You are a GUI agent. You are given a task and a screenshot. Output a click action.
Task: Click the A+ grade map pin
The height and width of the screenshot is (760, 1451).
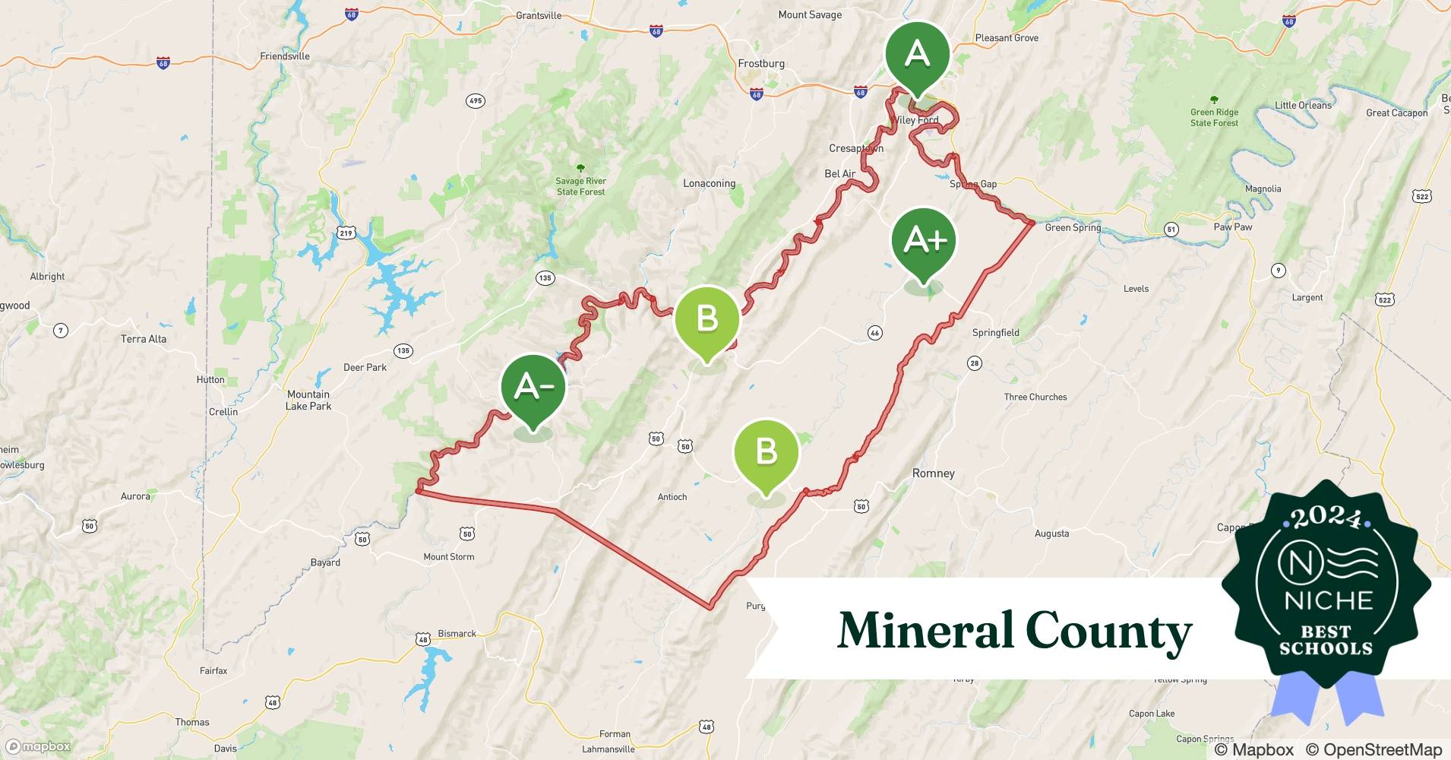(924, 241)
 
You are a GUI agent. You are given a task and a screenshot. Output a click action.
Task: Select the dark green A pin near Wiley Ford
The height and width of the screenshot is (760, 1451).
(917, 55)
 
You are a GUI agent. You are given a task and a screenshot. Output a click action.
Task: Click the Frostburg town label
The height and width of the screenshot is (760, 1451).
(760, 64)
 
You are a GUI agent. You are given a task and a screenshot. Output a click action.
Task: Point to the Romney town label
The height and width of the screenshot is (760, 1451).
(933, 473)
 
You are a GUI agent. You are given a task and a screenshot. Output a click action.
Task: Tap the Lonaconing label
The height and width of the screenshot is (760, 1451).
(709, 184)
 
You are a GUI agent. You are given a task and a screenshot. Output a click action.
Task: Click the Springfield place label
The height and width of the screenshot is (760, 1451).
(995, 333)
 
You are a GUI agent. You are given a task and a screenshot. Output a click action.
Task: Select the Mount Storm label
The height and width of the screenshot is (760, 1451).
(448, 557)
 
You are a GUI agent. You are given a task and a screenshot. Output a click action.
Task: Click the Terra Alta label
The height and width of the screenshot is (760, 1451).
(144, 339)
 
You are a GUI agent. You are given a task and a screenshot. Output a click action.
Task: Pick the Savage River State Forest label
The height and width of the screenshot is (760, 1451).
(580, 186)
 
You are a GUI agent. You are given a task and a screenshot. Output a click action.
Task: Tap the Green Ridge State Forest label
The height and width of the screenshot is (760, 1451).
(1214, 117)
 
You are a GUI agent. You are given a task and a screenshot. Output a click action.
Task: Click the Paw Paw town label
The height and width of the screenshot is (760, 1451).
(1232, 227)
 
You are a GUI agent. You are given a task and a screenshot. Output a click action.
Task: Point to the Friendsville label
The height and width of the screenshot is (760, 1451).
(285, 56)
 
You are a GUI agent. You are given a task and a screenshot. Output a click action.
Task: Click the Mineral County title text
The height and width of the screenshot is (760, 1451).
(1014, 631)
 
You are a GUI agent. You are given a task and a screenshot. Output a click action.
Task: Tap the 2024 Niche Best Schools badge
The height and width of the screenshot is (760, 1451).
(1327, 585)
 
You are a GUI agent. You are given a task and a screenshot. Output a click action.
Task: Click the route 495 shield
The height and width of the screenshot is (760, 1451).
(476, 101)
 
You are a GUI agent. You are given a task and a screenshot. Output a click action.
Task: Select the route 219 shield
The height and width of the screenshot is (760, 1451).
(346, 233)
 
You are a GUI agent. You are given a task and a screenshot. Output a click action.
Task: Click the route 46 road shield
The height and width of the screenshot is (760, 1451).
(874, 333)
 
